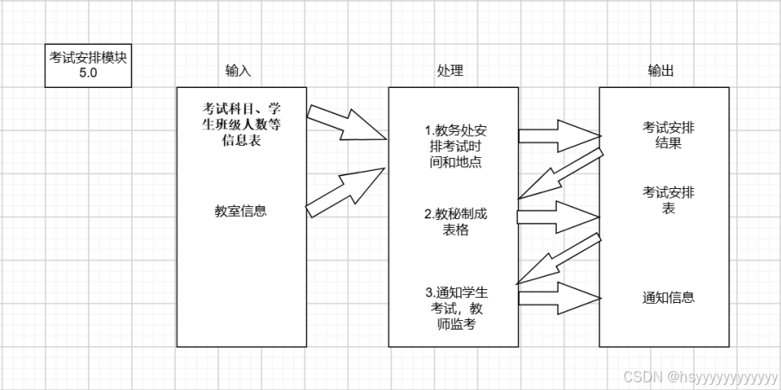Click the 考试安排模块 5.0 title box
[x=88, y=66]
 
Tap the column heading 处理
[x=450, y=72]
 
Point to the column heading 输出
[x=661, y=72]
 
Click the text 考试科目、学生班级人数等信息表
[x=241, y=124]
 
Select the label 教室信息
[x=241, y=210]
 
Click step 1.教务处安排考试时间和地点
[x=454, y=146]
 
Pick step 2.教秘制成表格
[x=454, y=222]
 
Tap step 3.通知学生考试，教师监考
[x=454, y=309]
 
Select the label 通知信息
[x=668, y=298]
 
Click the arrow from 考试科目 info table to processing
[x=345, y=123]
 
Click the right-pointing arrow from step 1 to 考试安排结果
[x=559, y=135]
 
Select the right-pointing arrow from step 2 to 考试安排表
[x=559, y=216]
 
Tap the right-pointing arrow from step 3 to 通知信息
[x=559, y=296]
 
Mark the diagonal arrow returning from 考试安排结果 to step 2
[x=559, y=175]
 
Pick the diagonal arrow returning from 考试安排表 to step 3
[x=559, y=256]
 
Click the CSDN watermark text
[x=699, y=377]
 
